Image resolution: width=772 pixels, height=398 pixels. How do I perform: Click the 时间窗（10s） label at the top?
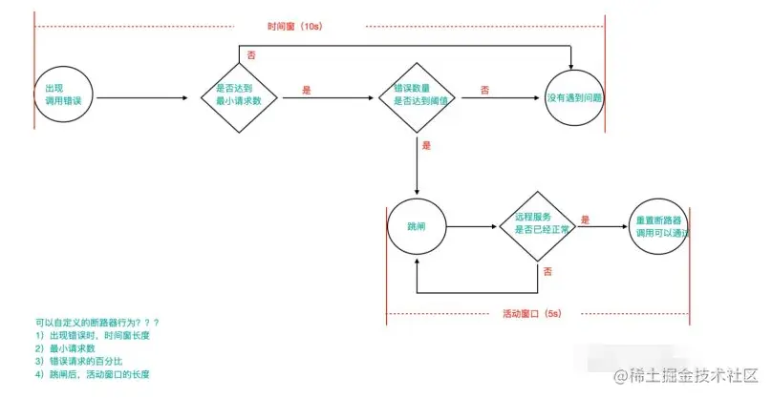296,26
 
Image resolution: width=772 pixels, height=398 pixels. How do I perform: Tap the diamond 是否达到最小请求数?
239,97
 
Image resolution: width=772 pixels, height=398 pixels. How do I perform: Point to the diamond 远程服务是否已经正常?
537,228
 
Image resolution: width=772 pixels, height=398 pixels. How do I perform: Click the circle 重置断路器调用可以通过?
659,227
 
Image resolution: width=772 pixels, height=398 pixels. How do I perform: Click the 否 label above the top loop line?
251,57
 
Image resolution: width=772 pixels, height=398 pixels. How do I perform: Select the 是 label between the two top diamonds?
307,90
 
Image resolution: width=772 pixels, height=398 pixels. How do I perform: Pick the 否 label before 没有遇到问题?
484,90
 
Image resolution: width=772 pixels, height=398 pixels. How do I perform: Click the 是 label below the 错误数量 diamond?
426,146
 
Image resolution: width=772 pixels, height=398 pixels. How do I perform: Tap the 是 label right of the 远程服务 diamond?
585,220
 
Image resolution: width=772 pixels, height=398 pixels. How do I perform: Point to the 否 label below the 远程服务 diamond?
547,272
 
